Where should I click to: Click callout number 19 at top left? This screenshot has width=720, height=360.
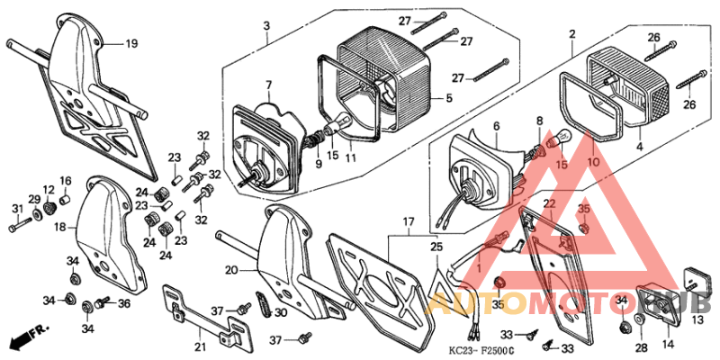[131, 42]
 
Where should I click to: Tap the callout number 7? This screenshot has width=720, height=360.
[267, 85]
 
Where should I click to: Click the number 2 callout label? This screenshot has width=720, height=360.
[571, 33]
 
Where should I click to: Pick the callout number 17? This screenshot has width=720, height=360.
[408, 220]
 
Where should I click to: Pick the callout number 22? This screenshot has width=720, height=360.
[549, 204]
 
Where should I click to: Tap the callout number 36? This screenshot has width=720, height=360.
[123, 303]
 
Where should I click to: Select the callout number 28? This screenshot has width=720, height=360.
[641, 346]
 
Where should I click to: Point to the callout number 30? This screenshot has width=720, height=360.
[282, 312]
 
